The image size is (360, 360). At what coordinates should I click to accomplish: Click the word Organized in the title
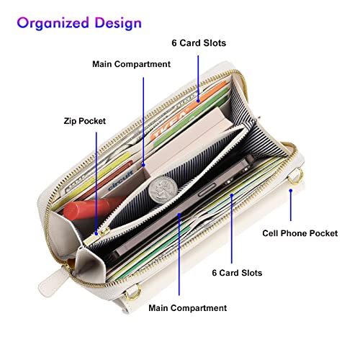53,23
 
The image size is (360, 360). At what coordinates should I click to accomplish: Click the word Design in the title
118,24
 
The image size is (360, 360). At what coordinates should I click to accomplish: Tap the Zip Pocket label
85,121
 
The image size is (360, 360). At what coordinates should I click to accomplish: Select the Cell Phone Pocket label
300,233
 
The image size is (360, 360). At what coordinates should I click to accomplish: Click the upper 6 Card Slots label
199,43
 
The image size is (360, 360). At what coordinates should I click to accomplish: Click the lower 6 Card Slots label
237,273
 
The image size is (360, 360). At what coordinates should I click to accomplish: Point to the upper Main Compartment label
131,64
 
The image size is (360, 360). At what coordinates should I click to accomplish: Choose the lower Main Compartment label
187,308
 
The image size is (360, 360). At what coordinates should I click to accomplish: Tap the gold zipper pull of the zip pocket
103,232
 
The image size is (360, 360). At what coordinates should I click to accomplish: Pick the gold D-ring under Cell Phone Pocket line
296,177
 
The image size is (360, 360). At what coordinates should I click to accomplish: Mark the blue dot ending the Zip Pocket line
96,233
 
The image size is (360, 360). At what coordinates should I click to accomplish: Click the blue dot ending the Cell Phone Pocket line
291,191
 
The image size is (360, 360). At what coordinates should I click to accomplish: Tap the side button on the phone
207,190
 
